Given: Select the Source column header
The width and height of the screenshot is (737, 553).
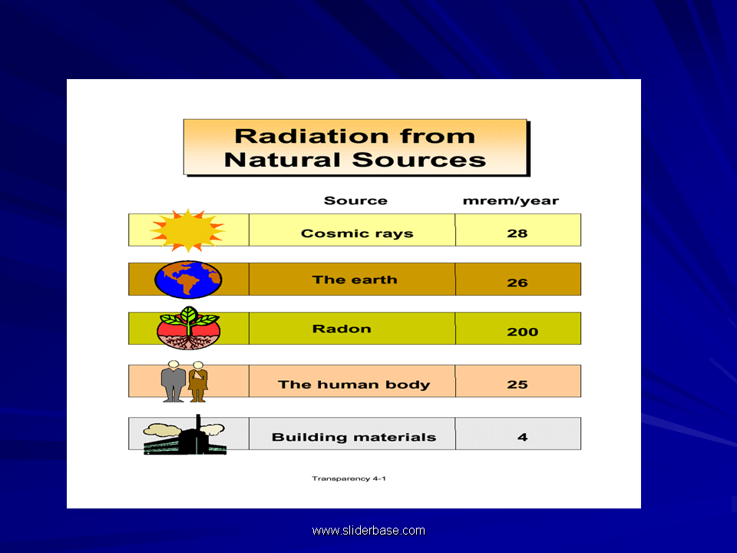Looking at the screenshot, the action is point(355,200).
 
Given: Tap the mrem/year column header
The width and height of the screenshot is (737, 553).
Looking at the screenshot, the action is point(511,201).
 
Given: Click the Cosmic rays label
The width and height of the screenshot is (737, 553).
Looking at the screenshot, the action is point(357,233).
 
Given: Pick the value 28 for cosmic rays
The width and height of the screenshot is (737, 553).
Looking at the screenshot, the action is point(517,233).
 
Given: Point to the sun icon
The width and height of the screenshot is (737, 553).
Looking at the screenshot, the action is point(187,230).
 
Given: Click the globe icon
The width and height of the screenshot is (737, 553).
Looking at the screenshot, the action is point(188,280).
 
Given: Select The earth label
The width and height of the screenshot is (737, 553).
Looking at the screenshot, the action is point(355,280).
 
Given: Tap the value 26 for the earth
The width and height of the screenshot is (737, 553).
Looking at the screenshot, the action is point(517,283).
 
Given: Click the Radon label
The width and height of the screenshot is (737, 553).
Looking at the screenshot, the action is point(342,329).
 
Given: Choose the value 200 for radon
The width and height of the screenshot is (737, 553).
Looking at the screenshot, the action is point(522,332).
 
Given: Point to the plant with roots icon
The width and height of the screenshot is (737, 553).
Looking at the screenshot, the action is point(189,328).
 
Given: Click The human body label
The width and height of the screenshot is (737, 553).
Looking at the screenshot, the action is point(354,385).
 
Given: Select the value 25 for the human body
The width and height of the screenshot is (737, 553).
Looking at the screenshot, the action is point(517,385).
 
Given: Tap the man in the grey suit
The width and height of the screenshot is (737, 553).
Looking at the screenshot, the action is point(174,382).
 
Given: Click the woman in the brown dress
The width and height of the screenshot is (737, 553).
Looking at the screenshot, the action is point(198,382).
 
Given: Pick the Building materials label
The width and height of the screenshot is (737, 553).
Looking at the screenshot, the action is point(354,437).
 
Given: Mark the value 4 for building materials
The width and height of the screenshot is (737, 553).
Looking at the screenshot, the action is point(522,437).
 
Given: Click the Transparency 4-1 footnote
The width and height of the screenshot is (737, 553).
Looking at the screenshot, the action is point(349,478).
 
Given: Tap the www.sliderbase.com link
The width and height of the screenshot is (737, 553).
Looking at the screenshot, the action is point(368,531).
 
